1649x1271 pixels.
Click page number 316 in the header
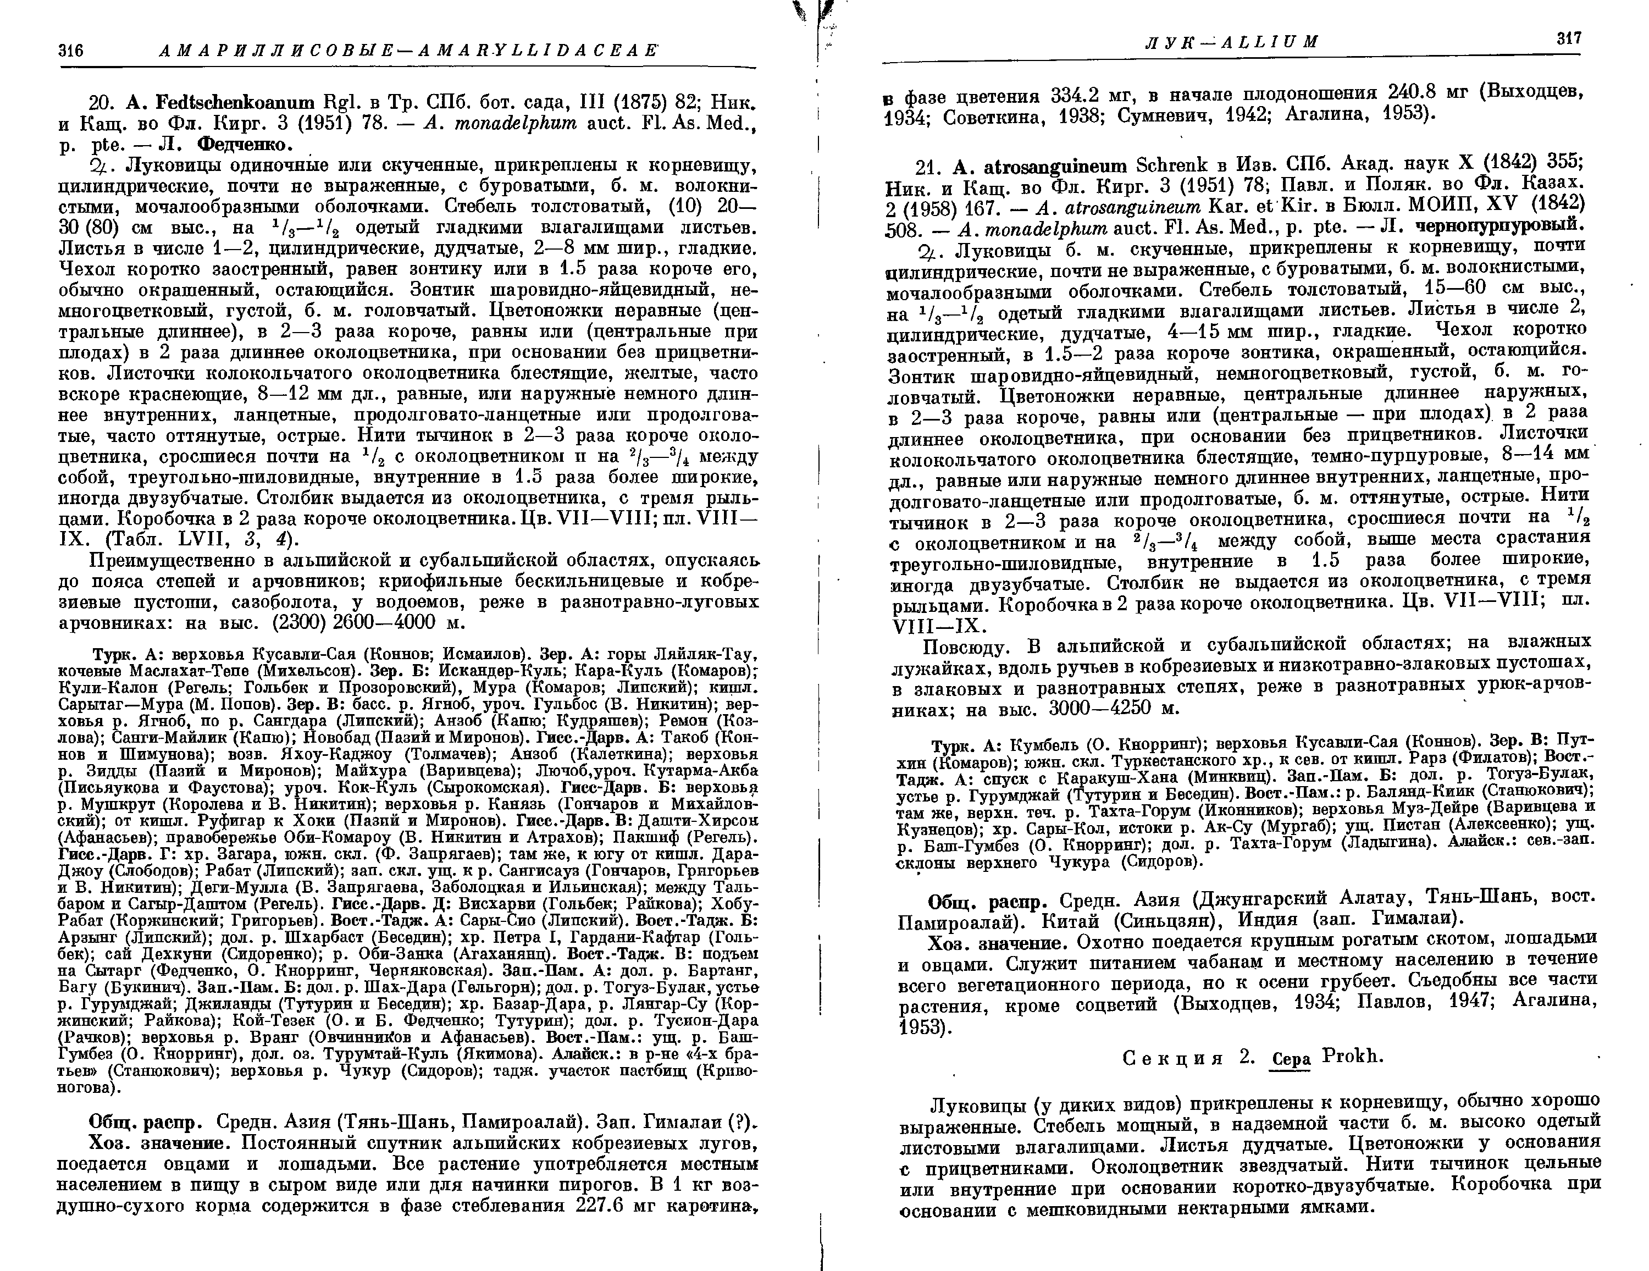click(70, 51)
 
